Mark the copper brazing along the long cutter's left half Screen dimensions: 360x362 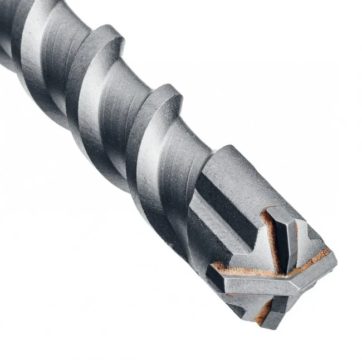click(x=245, y=272)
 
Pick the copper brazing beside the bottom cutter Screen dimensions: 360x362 click(x=262, y=306)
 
